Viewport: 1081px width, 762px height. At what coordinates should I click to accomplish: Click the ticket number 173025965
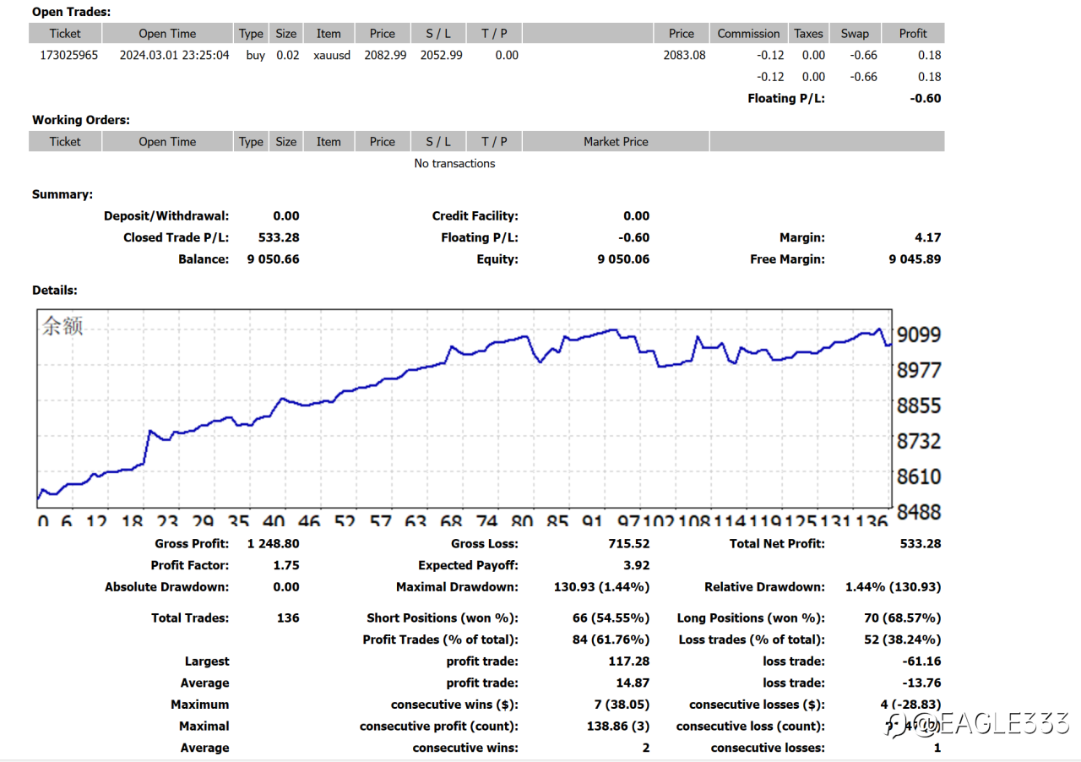click(69, 56)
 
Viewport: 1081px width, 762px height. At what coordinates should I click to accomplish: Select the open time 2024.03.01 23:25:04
click(174, 56)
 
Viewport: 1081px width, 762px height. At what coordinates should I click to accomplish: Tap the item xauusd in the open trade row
click(331, 56)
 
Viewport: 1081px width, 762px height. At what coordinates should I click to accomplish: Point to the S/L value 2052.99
click(441, 56)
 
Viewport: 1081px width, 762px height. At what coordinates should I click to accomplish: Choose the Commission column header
click(748, 34)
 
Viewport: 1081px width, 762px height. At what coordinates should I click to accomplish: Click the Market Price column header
click(616, 142)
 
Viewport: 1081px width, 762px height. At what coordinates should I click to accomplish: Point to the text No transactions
click(454, 164)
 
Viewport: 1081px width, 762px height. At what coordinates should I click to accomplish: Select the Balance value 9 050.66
click(273, 259)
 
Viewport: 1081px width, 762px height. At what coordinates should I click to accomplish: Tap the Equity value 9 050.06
click(623, 259)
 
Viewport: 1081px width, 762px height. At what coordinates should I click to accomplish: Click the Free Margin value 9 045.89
click(915, 259)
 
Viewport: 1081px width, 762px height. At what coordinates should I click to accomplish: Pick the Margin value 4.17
click(927, 238)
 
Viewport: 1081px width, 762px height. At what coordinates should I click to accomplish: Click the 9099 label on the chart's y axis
click(918, 335)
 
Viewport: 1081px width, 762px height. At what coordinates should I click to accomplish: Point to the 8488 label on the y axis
click(918, 512)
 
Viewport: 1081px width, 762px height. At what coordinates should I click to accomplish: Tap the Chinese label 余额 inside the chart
click(62, 326)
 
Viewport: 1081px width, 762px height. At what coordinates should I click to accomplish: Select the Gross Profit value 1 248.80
click(273, 544)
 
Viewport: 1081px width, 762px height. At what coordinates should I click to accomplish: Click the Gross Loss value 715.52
click(628, 544)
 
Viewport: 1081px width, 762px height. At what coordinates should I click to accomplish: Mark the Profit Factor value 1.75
click(286, 566)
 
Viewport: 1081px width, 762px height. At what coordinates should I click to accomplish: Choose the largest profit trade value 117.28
click(628, 661)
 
